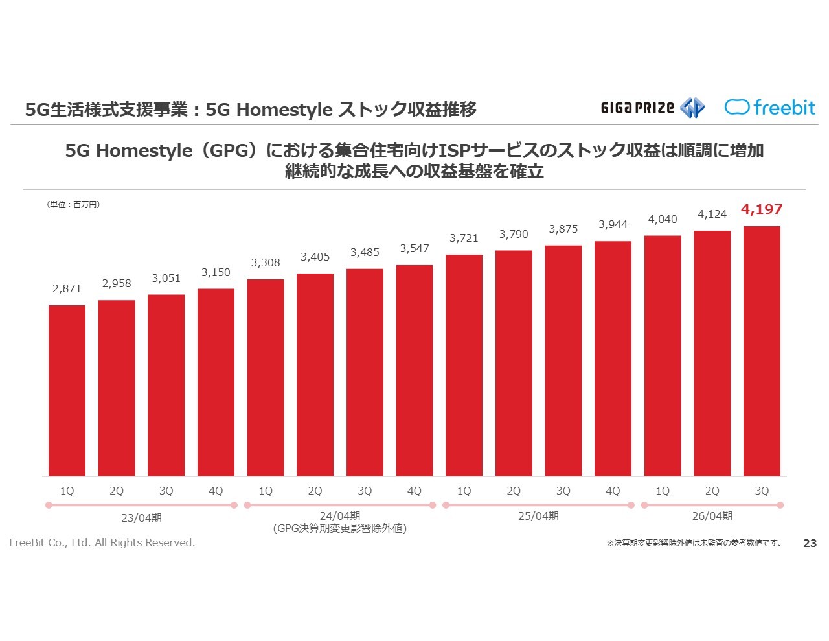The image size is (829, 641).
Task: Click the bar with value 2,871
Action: point(67,390)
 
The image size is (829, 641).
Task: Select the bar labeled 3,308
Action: point(266,377)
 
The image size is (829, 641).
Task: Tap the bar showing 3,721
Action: point(464,365)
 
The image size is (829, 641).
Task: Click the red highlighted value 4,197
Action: point(762,209)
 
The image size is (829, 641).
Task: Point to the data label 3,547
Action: point(414,248)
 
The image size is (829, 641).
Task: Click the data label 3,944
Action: point(613,224)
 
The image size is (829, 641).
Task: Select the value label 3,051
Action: point(166,278)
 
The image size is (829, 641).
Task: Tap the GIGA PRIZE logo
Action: point(652,108)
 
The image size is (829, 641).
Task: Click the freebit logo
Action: point(769,107)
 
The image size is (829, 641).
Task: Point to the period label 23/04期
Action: point(141,518)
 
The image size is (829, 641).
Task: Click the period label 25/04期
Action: point(538,516)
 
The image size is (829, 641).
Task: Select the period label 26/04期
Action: point(712,516)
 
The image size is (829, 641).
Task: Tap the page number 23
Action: point(810,543)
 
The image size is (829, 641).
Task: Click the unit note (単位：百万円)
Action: point(73,204)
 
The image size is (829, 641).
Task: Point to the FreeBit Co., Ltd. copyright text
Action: point(102,542)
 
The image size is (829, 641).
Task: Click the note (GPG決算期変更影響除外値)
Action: point(340,528)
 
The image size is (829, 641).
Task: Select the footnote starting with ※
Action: point(694,543)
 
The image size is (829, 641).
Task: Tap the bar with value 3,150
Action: point(216,382)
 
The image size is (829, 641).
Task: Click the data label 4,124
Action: point(712,214)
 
